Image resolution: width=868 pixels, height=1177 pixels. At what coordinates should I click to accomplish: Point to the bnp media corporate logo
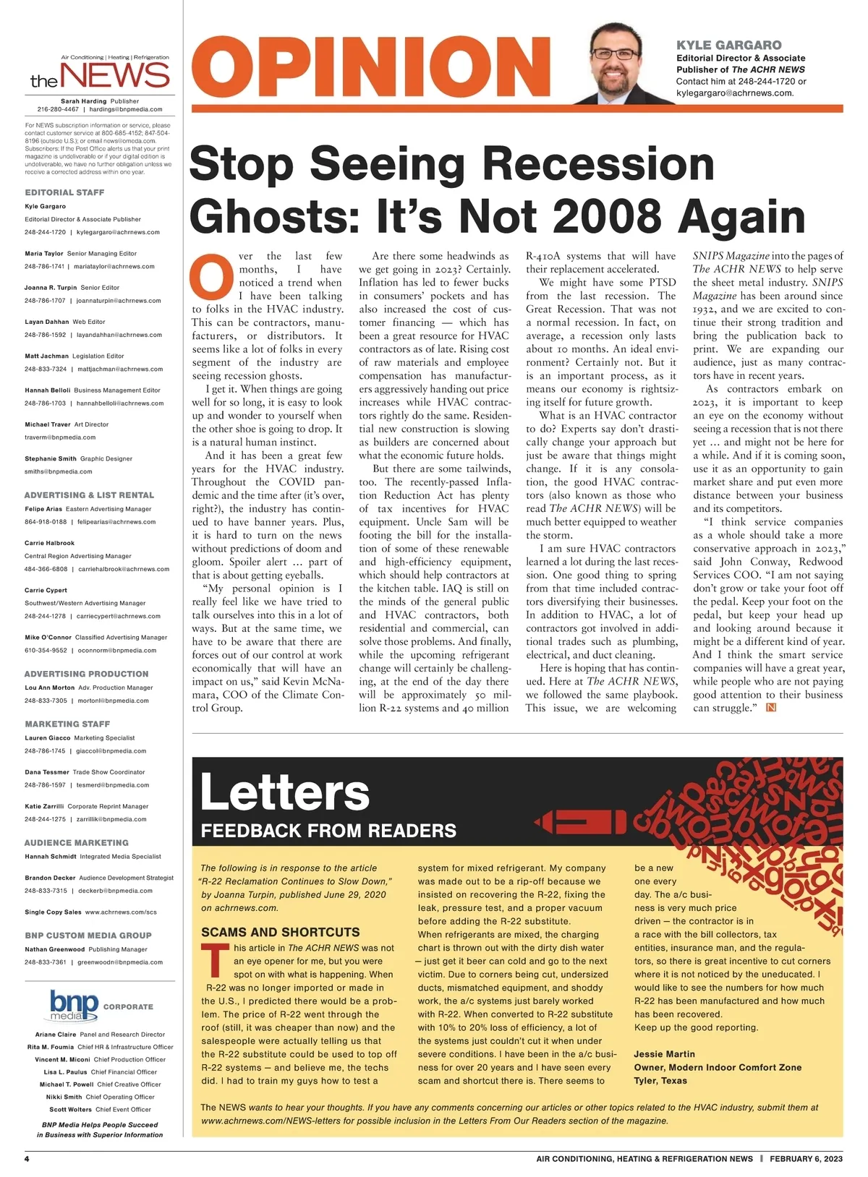tap(75, 1006)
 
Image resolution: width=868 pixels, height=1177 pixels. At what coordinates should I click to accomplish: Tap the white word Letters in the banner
tap(284, 792)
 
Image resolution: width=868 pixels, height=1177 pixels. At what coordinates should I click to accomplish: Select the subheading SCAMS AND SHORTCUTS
tap(280, 932)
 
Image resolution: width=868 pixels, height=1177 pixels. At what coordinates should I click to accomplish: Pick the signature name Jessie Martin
tap(664, 1054)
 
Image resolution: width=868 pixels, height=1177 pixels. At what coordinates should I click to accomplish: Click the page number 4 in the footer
tap(27, 1159)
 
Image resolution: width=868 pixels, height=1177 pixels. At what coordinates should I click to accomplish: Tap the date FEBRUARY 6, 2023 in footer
tap(806, 1159)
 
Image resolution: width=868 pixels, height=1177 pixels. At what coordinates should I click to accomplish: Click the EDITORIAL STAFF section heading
tap(64, 192)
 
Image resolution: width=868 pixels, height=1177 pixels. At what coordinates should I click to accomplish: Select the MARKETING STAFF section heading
tap(67, 724)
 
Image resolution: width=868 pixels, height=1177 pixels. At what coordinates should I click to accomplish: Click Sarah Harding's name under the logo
tap(83, 101)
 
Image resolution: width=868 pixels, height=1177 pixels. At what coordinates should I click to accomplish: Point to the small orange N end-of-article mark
tap(770, 708)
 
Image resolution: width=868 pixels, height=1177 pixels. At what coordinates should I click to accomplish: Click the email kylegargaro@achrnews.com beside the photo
tap(735, 93)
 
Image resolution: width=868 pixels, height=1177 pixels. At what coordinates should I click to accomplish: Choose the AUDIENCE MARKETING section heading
tap(76, 842)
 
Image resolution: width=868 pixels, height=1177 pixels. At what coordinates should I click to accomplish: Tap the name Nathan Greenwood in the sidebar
tap(55, 949)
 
